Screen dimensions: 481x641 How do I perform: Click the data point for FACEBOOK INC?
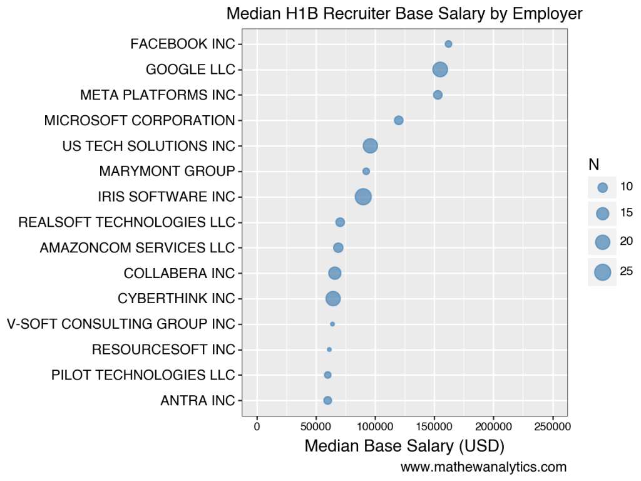pyautogui.click(x=448, y=44)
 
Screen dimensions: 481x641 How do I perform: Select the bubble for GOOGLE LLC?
pyautogui.click(x=440, y=70)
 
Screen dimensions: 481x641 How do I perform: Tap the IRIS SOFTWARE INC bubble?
pyautogui.click(x=363, y=197)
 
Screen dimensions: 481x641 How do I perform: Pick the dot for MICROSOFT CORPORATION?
pyautogui.click(x=398, y=120)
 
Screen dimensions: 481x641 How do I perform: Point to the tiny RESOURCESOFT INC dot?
pyautogui.click(x=329, y=349)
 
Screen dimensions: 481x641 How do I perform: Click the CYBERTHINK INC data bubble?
pyautogui.click(x=333, y=299)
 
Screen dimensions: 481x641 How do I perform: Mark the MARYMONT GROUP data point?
pyautogui.click(x=366, y=171)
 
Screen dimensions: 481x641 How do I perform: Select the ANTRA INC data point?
pyautogui.click(x=327, y=400)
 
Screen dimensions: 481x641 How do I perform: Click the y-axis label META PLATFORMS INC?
pyautogui.click(x=158, y=95)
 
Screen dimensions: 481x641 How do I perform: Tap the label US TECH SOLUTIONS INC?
pyautogui.click(x=148, y=146)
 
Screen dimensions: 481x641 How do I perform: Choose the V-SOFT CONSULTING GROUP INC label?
pyautogui.click(x=121, y=324)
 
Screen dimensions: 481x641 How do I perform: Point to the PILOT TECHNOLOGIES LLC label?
pyautogui.click(x=143, y=375)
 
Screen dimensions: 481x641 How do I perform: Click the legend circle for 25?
pyautogui.click(x=602, y=272)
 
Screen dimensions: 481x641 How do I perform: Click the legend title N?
pyautogui.click(x=593, y=165)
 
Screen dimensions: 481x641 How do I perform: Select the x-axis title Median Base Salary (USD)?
pyautogui.click(x=404, y=447)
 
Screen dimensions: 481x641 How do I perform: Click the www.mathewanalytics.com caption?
pyautogui.click(x=483, y=467)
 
